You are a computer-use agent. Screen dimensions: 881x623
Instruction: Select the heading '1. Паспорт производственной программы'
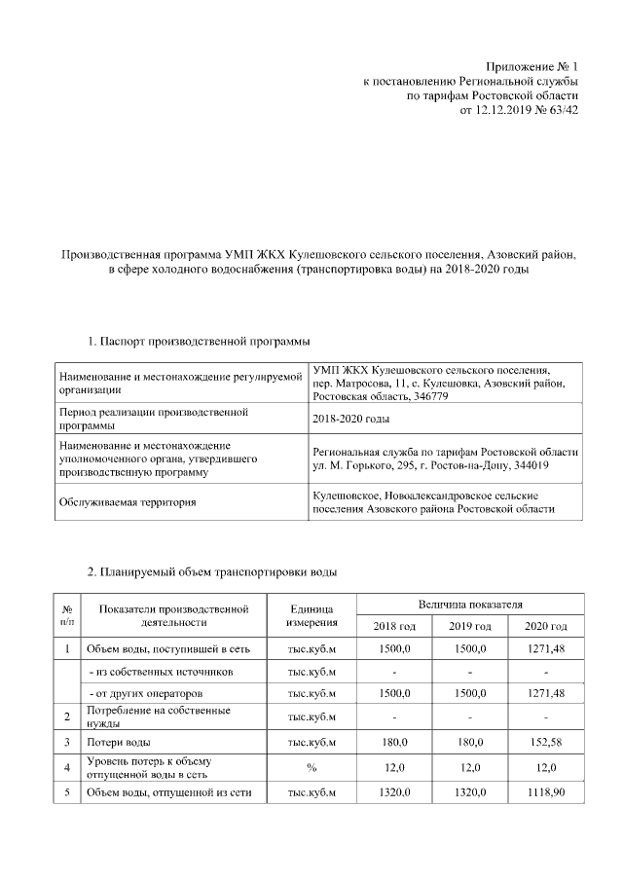(199, 342)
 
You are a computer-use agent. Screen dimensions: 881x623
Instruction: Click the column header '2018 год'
(394, 624)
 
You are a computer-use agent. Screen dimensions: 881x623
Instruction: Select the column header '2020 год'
(544, 624)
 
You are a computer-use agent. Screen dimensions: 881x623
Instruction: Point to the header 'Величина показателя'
(470, 604)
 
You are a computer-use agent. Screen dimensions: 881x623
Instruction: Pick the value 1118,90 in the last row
(544, 792)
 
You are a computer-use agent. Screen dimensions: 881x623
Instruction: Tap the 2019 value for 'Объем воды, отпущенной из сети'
(469, 792)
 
